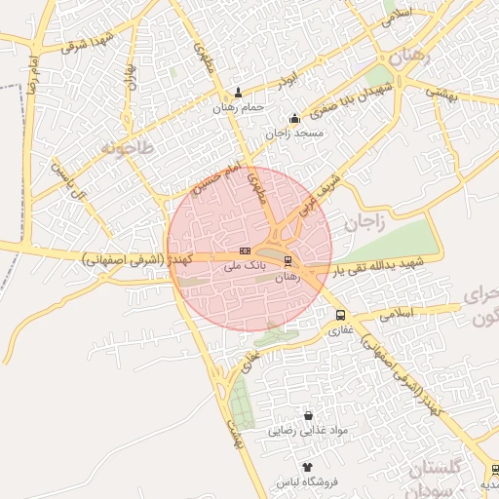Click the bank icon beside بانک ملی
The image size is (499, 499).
click(x=244, y=250)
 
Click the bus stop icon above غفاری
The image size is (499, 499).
click(x=340, y=315)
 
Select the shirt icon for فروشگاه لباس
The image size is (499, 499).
click(x=308, y=468)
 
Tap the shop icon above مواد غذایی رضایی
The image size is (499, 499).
click(x=309, y=416)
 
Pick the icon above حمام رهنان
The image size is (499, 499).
click(x=239, y=95)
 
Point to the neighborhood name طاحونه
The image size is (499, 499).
click(x=127, y=148)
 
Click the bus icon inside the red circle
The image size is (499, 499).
click(x=287, y=261)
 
